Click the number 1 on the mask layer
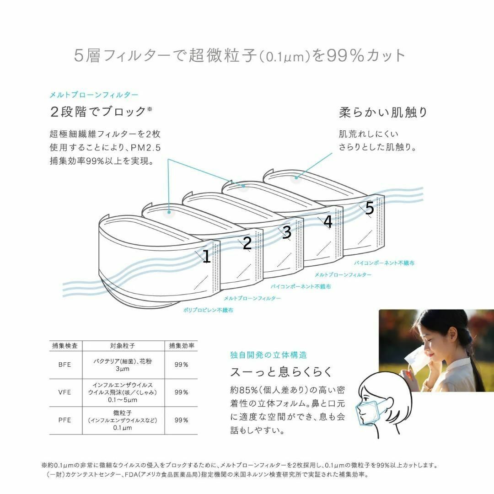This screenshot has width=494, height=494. coord(207,256)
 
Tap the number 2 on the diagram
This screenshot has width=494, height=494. coord(247,243)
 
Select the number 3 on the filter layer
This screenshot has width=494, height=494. coord(287,232)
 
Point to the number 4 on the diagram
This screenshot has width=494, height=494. coord(328,221)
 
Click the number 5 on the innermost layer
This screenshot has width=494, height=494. coord(370,208)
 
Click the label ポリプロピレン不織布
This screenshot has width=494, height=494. coord(208,310)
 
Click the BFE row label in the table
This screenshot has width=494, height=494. coord(64,365)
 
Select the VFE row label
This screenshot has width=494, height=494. coord(64,392)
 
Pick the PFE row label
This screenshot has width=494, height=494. coord(64,420)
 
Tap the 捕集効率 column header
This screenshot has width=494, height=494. coord(182,346)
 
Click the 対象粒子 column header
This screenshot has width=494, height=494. coord(123,346)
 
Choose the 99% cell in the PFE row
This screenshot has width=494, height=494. coord(181,420)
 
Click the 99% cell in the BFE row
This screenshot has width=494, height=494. coord(181,365)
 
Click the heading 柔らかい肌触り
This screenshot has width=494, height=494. coord(383,112)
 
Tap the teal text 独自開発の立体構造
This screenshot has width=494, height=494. coord(268,355)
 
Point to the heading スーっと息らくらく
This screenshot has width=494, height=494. coord(281,372)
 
